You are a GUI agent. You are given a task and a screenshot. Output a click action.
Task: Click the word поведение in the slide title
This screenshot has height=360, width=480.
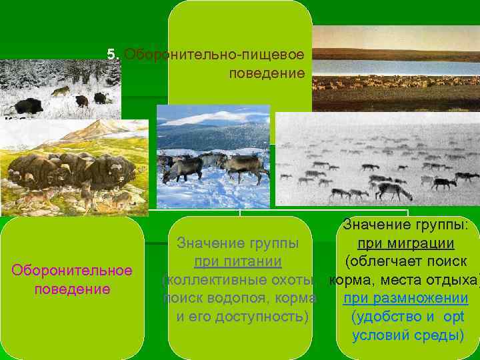[266, 71]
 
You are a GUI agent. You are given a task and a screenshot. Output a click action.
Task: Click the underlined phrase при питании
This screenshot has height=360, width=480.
[237, 261]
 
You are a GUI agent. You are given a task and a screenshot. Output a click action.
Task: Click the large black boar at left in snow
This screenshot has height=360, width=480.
[29, 105]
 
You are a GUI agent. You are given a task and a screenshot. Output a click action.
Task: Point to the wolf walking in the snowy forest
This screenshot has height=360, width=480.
[61, 90]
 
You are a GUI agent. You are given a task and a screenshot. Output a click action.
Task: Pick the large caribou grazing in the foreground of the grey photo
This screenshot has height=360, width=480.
[393, 190]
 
